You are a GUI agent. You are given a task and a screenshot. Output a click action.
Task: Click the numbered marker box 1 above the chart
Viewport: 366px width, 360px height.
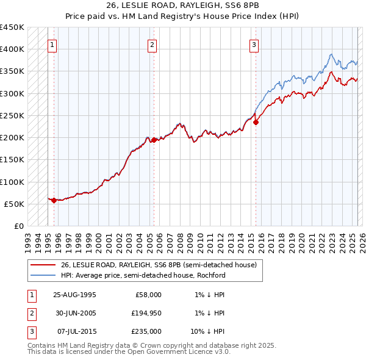tap(52, 44)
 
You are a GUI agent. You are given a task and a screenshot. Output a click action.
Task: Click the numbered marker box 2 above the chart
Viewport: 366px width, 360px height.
tap(152, 44)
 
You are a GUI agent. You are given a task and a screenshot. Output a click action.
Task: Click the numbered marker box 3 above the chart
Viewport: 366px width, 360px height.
tap(253, 44)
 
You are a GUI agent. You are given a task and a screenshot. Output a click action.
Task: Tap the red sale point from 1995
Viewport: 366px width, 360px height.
tap(54, 200)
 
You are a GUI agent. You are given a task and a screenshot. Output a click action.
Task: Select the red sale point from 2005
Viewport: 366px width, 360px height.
tap(154, 140)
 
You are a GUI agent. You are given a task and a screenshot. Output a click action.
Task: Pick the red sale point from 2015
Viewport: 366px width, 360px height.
tap(256, 122)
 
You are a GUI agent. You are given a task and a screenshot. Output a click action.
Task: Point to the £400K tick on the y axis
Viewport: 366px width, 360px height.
tap(12, 49)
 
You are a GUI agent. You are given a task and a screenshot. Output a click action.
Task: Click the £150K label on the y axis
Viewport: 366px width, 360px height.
tap(12, 160)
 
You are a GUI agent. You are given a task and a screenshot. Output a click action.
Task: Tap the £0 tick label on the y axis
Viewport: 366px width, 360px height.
tap(18, 226)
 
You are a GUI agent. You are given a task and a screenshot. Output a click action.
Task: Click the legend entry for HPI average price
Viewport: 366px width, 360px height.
tap(143, 275)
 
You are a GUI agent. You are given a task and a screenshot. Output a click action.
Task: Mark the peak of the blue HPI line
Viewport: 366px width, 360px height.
tap(331, 54)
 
